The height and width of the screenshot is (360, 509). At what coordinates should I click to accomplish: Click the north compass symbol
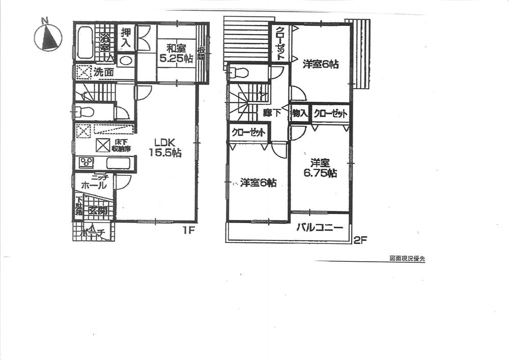[48, 37]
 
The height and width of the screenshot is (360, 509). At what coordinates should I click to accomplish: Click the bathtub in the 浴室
[85, 43]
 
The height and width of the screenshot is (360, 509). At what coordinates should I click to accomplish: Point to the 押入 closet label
[126, 38]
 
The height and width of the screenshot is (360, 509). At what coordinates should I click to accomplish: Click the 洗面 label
[103, 72]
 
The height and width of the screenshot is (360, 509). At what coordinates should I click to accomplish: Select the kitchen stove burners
[86, 163]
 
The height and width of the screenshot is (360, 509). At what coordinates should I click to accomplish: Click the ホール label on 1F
[94, 186]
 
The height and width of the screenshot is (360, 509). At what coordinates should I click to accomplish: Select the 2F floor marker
[360, 240]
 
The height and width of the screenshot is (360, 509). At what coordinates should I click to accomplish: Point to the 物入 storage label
[300, 113]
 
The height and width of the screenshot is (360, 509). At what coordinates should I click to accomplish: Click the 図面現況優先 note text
[407, 258]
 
